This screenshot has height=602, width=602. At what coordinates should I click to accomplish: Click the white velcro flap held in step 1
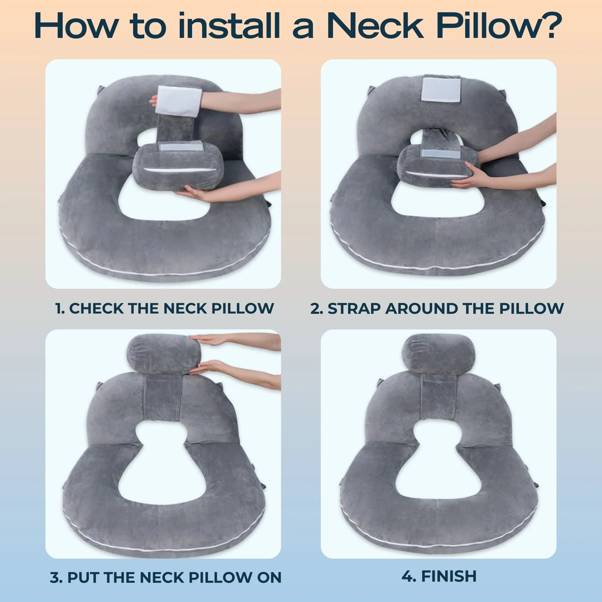pos(176,101)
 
